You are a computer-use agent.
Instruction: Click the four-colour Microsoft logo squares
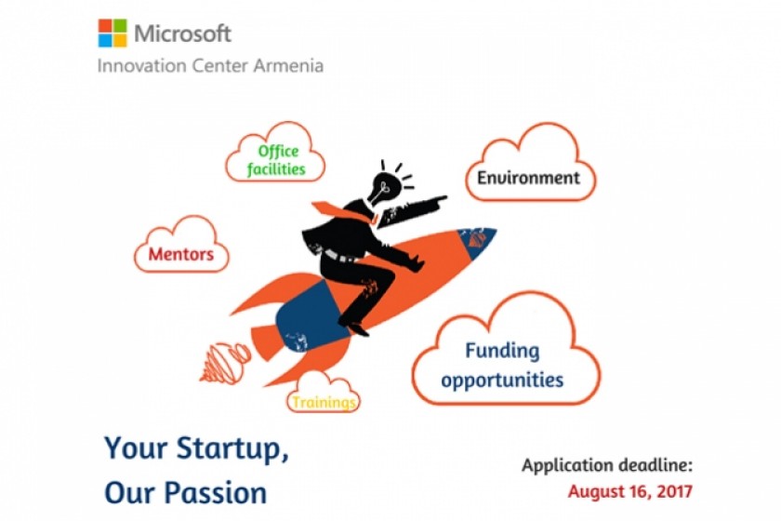click(113, 33)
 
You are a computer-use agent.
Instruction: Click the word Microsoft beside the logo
click(183, 33)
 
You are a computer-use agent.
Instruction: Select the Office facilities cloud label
click(276, 160)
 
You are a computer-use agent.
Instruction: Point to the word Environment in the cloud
click(528, 178)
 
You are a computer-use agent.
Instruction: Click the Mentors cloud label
click(180, 254)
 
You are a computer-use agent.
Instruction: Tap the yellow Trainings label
click(324, 402)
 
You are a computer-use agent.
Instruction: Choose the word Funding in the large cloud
click(502, 351)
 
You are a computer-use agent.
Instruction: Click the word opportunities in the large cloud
click(502, 381)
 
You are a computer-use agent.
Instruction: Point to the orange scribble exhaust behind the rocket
click(225, 363)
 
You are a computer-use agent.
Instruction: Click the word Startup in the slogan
click(232, 448)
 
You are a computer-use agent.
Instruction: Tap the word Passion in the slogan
click(216, 493)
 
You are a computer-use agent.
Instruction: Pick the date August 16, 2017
click(630, 491)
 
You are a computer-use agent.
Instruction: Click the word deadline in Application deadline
click(655, 465)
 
